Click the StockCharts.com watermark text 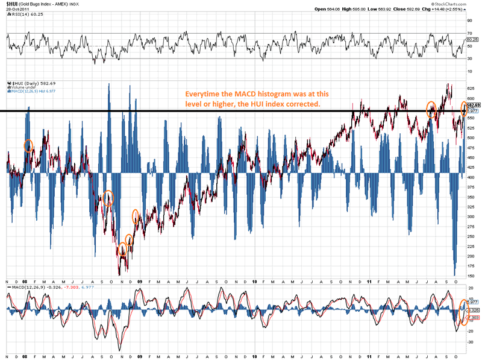[x=460, y=4]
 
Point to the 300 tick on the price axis [x=470, y=216]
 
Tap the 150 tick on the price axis [x=470, y=276]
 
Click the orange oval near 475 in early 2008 [x=28, y=145]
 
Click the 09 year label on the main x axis [x=140, y=282]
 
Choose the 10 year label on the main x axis [x=254, y=282]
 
